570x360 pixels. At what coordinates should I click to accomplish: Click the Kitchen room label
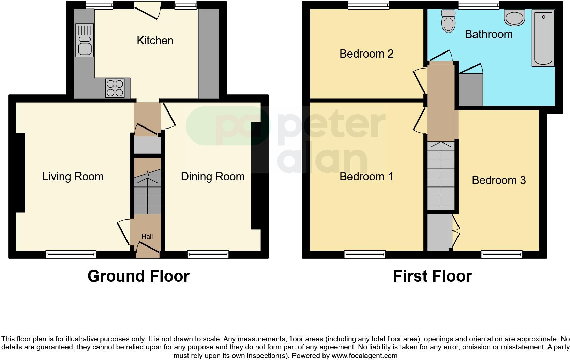coord(155,41)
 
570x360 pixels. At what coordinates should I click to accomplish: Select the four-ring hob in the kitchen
coord(115,88)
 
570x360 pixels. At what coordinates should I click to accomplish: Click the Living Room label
coord(73,177)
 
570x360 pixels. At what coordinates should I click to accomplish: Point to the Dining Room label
coord(213,177)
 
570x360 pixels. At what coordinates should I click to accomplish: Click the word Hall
coord(147,236)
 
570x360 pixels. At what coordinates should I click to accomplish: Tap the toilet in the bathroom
coord(448,21)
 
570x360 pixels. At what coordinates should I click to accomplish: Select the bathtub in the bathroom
coord(543,37)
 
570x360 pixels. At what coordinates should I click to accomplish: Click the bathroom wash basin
coord(515,17)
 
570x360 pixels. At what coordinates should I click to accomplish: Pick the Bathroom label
coord(489,34)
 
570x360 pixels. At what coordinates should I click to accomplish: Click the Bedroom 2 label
coord(366,54)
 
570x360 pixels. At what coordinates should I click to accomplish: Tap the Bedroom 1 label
coord(366,177)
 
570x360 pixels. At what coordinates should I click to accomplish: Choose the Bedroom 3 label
coord(499,180)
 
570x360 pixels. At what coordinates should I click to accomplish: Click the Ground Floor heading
coord(138,276)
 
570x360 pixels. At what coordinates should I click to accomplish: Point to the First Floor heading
coord(432,276)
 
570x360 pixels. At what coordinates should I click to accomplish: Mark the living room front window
coord(71,254)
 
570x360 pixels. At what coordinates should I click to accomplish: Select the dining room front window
coord(208,254)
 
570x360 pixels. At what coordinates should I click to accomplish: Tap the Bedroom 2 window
coord(369,5)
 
